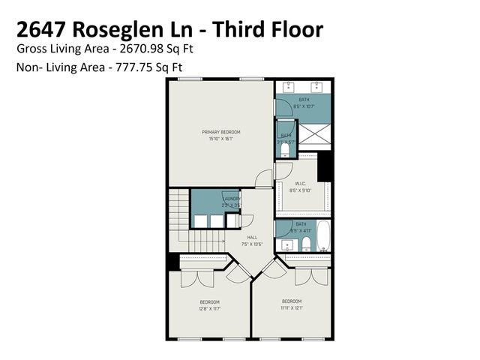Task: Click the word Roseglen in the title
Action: coord(132,29)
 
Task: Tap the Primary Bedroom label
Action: coord(221,133)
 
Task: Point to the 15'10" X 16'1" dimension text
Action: coord(221,139)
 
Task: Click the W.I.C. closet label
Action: coord(299,184)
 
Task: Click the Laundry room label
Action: coord(230,199)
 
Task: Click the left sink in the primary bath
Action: coord(289,88)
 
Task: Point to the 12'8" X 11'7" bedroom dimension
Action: coord(209,308)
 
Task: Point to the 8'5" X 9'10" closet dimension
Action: coord(299,190)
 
